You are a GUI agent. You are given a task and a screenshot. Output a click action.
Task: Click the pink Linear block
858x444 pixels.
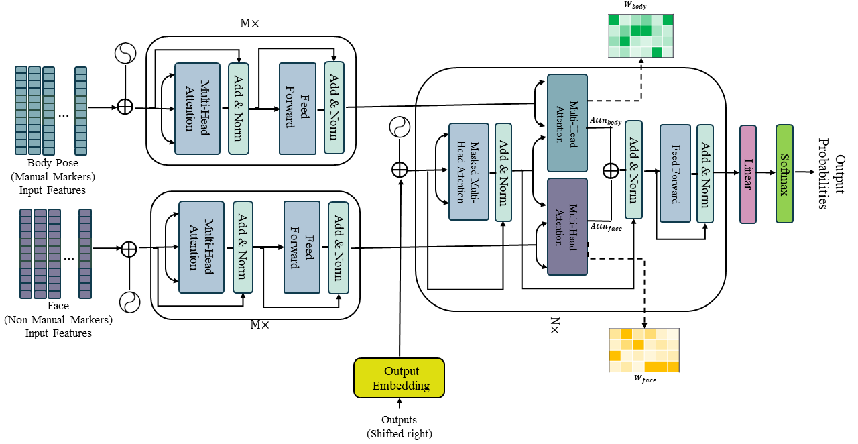(748, 174)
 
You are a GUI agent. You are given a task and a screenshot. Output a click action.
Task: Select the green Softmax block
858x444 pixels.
(784, 174)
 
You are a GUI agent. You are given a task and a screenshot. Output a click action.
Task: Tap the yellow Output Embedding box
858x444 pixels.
(399, 378)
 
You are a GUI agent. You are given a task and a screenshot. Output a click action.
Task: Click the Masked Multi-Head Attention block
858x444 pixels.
(469, 172)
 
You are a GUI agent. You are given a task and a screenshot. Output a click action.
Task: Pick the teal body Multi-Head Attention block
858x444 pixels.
(567, 123)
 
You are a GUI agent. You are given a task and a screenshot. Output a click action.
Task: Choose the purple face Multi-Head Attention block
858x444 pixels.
(567, 227)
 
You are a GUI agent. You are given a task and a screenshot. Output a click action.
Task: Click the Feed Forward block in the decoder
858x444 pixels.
(675, 173)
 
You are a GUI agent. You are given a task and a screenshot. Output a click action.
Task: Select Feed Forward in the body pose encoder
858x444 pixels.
(298, 109)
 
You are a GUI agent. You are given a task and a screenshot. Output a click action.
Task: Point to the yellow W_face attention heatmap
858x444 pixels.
(643, 350)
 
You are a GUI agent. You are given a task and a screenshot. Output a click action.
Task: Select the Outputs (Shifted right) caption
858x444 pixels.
(400, 427)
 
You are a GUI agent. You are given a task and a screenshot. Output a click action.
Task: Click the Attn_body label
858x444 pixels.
(605, 121)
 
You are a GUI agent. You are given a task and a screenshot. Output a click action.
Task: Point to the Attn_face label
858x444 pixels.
(605, 227)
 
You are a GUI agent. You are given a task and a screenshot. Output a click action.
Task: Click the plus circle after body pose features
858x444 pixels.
(125, 107)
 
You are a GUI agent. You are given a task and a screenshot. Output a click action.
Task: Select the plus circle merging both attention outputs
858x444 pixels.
(611, 170)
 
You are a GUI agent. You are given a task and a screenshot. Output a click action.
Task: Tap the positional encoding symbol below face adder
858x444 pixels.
(129, 302)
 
